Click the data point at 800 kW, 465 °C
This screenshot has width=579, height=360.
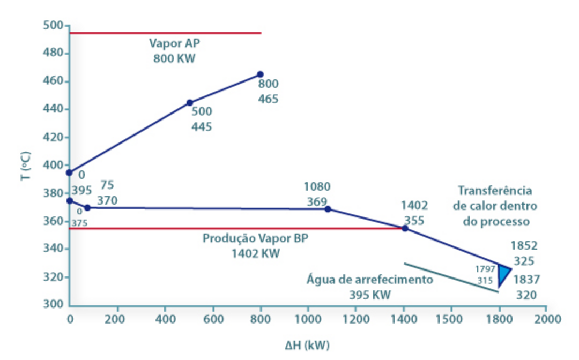(x=260, y=74)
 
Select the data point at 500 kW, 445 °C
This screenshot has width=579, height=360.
(x=189, y=102)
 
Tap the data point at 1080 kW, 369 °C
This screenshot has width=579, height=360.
(x=328, y=209)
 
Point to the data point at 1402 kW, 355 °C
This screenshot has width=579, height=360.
(x=405, y=228)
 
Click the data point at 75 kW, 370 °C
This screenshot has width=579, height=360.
(x=87, y=207)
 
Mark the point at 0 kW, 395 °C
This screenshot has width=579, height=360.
(x=69, y=172)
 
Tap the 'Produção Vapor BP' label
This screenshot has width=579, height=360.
(x=255, y=238)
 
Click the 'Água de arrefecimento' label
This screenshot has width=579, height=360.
(x=370, y=280)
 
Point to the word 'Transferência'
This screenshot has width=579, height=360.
(x=495, y=191)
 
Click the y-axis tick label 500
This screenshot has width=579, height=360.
(x=54, y=26)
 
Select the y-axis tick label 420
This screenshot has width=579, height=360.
(x=54, y=137)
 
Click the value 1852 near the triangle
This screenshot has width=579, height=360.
(x=524, y=246)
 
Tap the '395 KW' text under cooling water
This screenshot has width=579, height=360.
(x=370, y=295)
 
